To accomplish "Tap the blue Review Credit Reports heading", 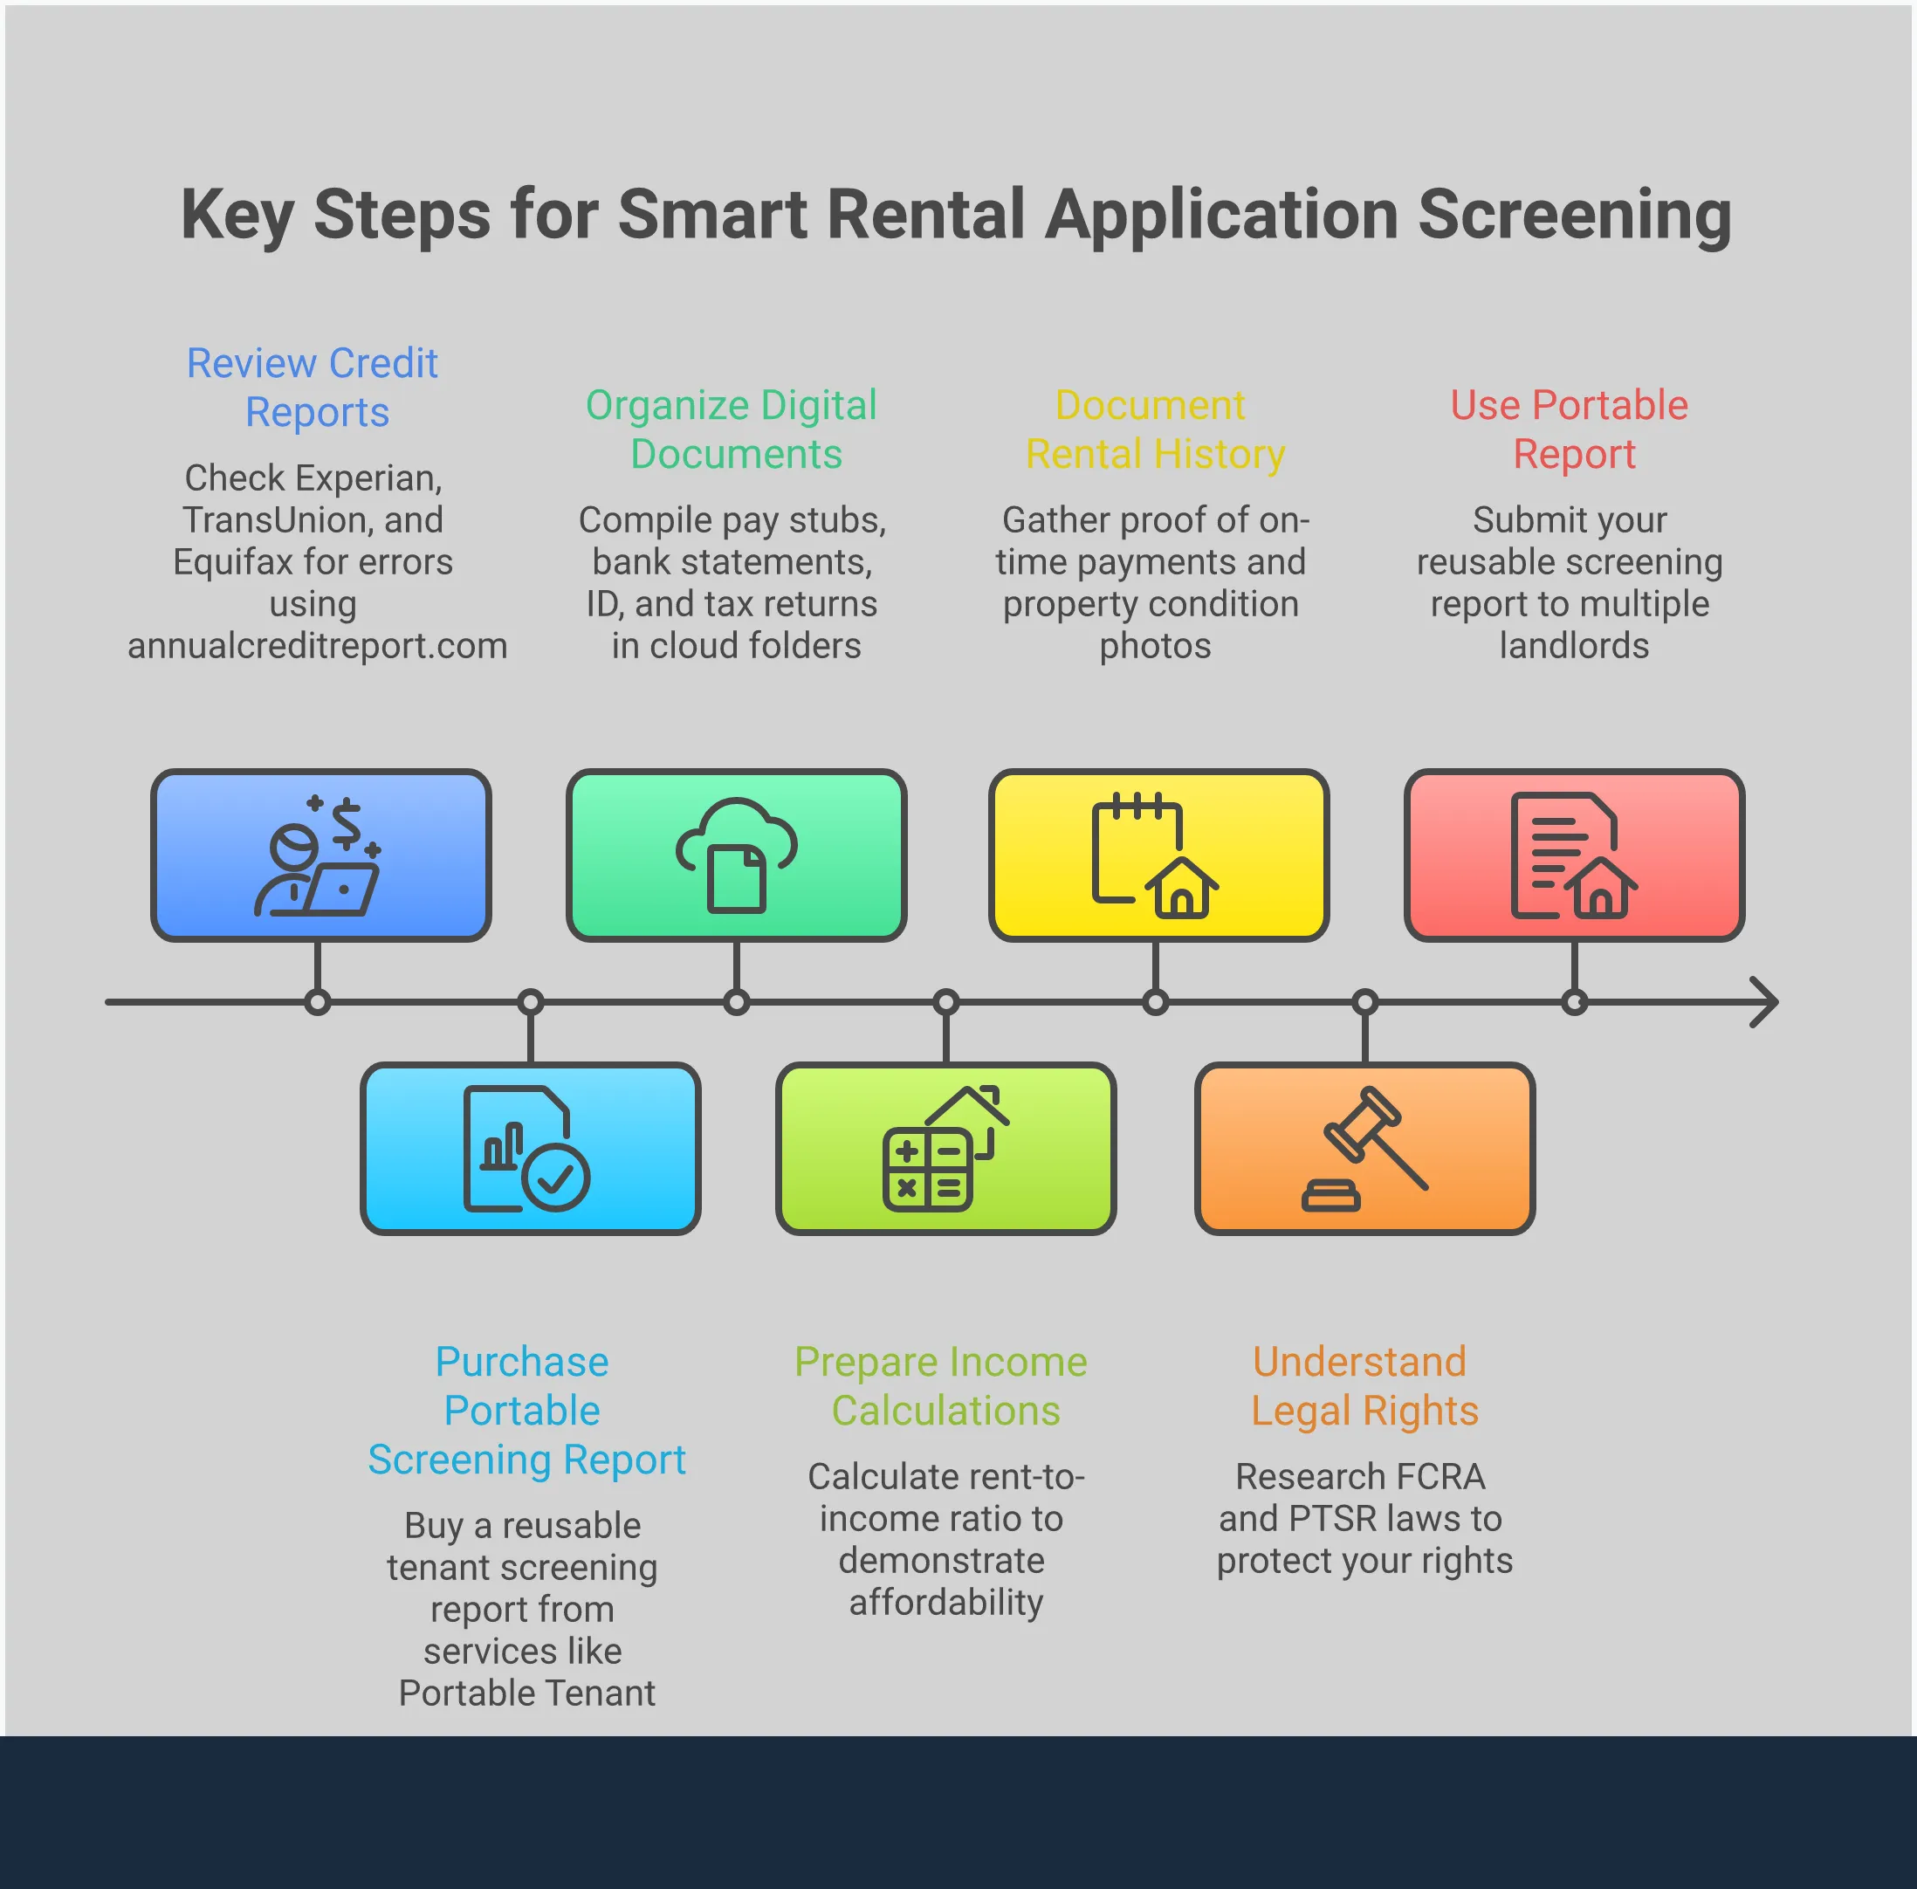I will (x=313, y=387).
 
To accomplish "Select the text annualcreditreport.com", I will (x=317, y=646).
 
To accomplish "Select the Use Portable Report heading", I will (x=1570, y=429).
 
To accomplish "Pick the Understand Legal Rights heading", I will (x=1363, y=1385).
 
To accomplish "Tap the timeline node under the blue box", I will (x=318, y=1002).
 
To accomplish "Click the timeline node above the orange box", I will (x=1365, y=1002).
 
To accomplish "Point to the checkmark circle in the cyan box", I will (x=556, y=1178).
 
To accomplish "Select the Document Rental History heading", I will (x=1153, y=429).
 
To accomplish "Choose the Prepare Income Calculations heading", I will (x=942, y=1385).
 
